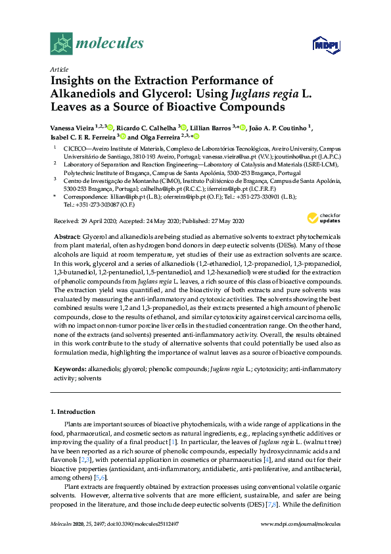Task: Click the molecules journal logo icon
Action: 62,44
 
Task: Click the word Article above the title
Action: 59,69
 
